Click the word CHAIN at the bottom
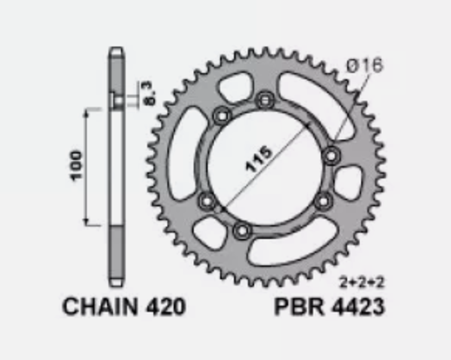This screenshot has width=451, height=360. click(x=99, y=308)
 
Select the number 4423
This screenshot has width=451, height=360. click(x=359, y=308)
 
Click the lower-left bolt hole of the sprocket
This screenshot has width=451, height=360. click(x=207, y=200)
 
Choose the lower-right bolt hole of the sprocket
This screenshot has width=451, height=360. click(x=323, y=199)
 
